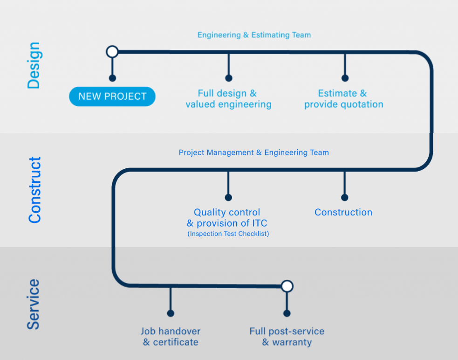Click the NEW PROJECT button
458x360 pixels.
click(112, 96)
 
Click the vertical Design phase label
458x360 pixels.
click(34, 65)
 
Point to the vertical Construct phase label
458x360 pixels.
click(34, 190)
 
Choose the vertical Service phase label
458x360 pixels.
click(33, 304)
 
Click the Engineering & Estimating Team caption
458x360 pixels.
click(254, 35)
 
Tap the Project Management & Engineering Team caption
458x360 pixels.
click(254, 152)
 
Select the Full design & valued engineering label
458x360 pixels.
click(228, 99)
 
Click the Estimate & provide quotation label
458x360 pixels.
click(343, 99)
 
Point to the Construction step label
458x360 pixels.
click(343, 212)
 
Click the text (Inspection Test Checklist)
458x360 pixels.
click(228, 234)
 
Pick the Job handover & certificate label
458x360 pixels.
click(171, 337)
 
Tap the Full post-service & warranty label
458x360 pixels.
click(287, 337)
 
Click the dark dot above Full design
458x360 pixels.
click(229, 78)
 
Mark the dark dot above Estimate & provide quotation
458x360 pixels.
click(345, 78)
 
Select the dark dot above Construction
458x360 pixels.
click(345, 197)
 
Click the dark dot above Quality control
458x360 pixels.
click(228, 197)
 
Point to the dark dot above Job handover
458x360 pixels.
click(171, 313)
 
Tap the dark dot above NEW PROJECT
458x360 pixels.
click(112, 78)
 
